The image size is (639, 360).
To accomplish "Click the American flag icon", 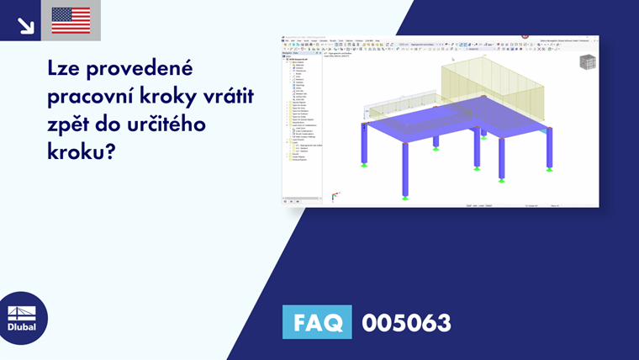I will [71, 20].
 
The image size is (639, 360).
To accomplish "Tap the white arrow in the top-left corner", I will [25, 24].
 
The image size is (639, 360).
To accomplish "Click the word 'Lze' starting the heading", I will [66, 71].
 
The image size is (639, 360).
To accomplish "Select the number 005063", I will [406, 322].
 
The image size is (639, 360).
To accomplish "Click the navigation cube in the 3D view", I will [589, 61].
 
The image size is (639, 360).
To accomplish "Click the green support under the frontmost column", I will [404, 197].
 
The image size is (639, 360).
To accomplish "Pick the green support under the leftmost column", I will [364, 164].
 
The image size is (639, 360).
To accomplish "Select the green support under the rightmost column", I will [549, 168].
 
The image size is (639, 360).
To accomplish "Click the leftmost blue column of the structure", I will [364, 143].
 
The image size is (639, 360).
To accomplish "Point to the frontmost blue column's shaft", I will [404, 168].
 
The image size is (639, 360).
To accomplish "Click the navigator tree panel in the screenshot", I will [302, 118].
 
